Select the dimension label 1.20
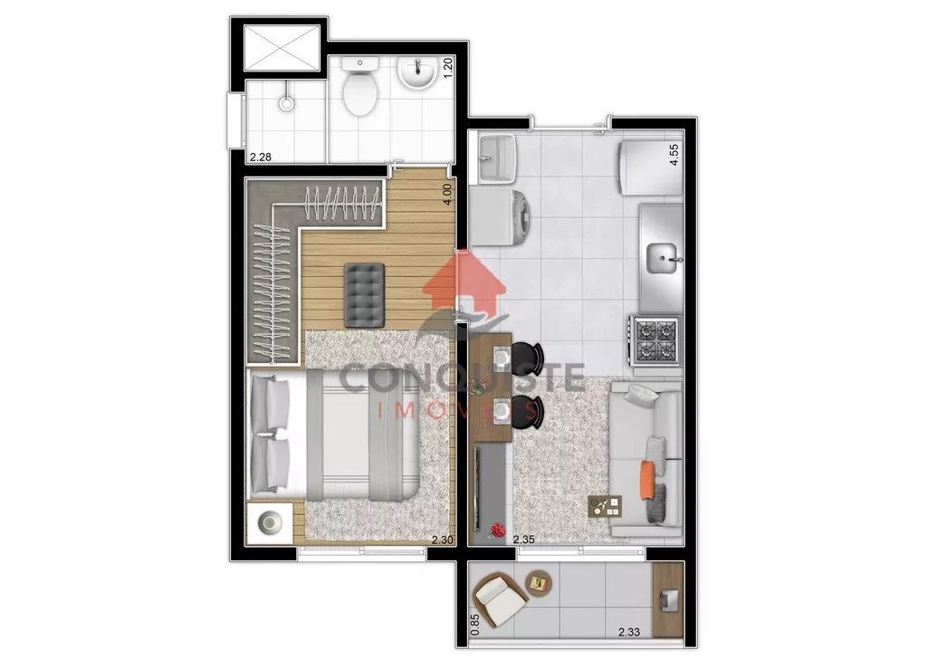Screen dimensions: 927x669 coord(448,69)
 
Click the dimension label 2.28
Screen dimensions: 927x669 coord(261,158)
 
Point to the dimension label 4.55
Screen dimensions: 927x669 coord(674,155)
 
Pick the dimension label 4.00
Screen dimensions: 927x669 coord(447,195)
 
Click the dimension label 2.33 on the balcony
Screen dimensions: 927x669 coord(629,632)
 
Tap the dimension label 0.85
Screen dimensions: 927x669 coord(474,626)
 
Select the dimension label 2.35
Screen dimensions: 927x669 coord(524,539)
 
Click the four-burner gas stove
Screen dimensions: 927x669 coord(655,341)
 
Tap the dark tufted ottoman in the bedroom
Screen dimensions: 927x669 coord(364,295)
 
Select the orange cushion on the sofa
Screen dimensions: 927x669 coord(648,479)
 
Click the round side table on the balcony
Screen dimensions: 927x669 coord(539,584)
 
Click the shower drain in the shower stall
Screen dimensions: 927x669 coord(287,104)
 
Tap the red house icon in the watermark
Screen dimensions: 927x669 coord(464,282)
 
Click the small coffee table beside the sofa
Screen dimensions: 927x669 coord(605,506)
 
